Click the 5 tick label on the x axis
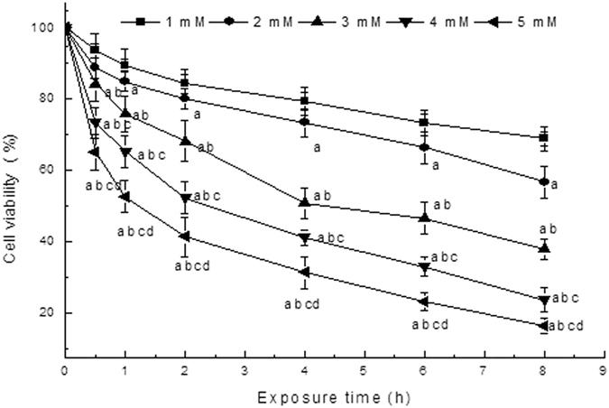[364, 371]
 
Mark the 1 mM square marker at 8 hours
[543, 137]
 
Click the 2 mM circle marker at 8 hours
[543, 181]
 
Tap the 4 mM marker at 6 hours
[423, 267]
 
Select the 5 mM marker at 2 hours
[184, 236]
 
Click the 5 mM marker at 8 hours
[543, 326]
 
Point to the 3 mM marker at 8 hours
[543, 247]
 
